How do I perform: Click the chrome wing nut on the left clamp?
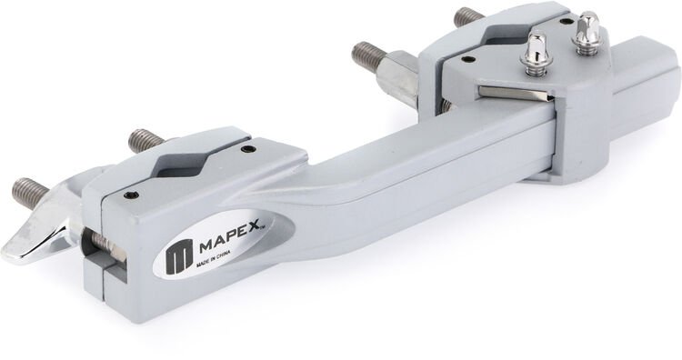(x=41, y=234)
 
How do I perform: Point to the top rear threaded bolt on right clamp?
(x=467, y=15)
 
